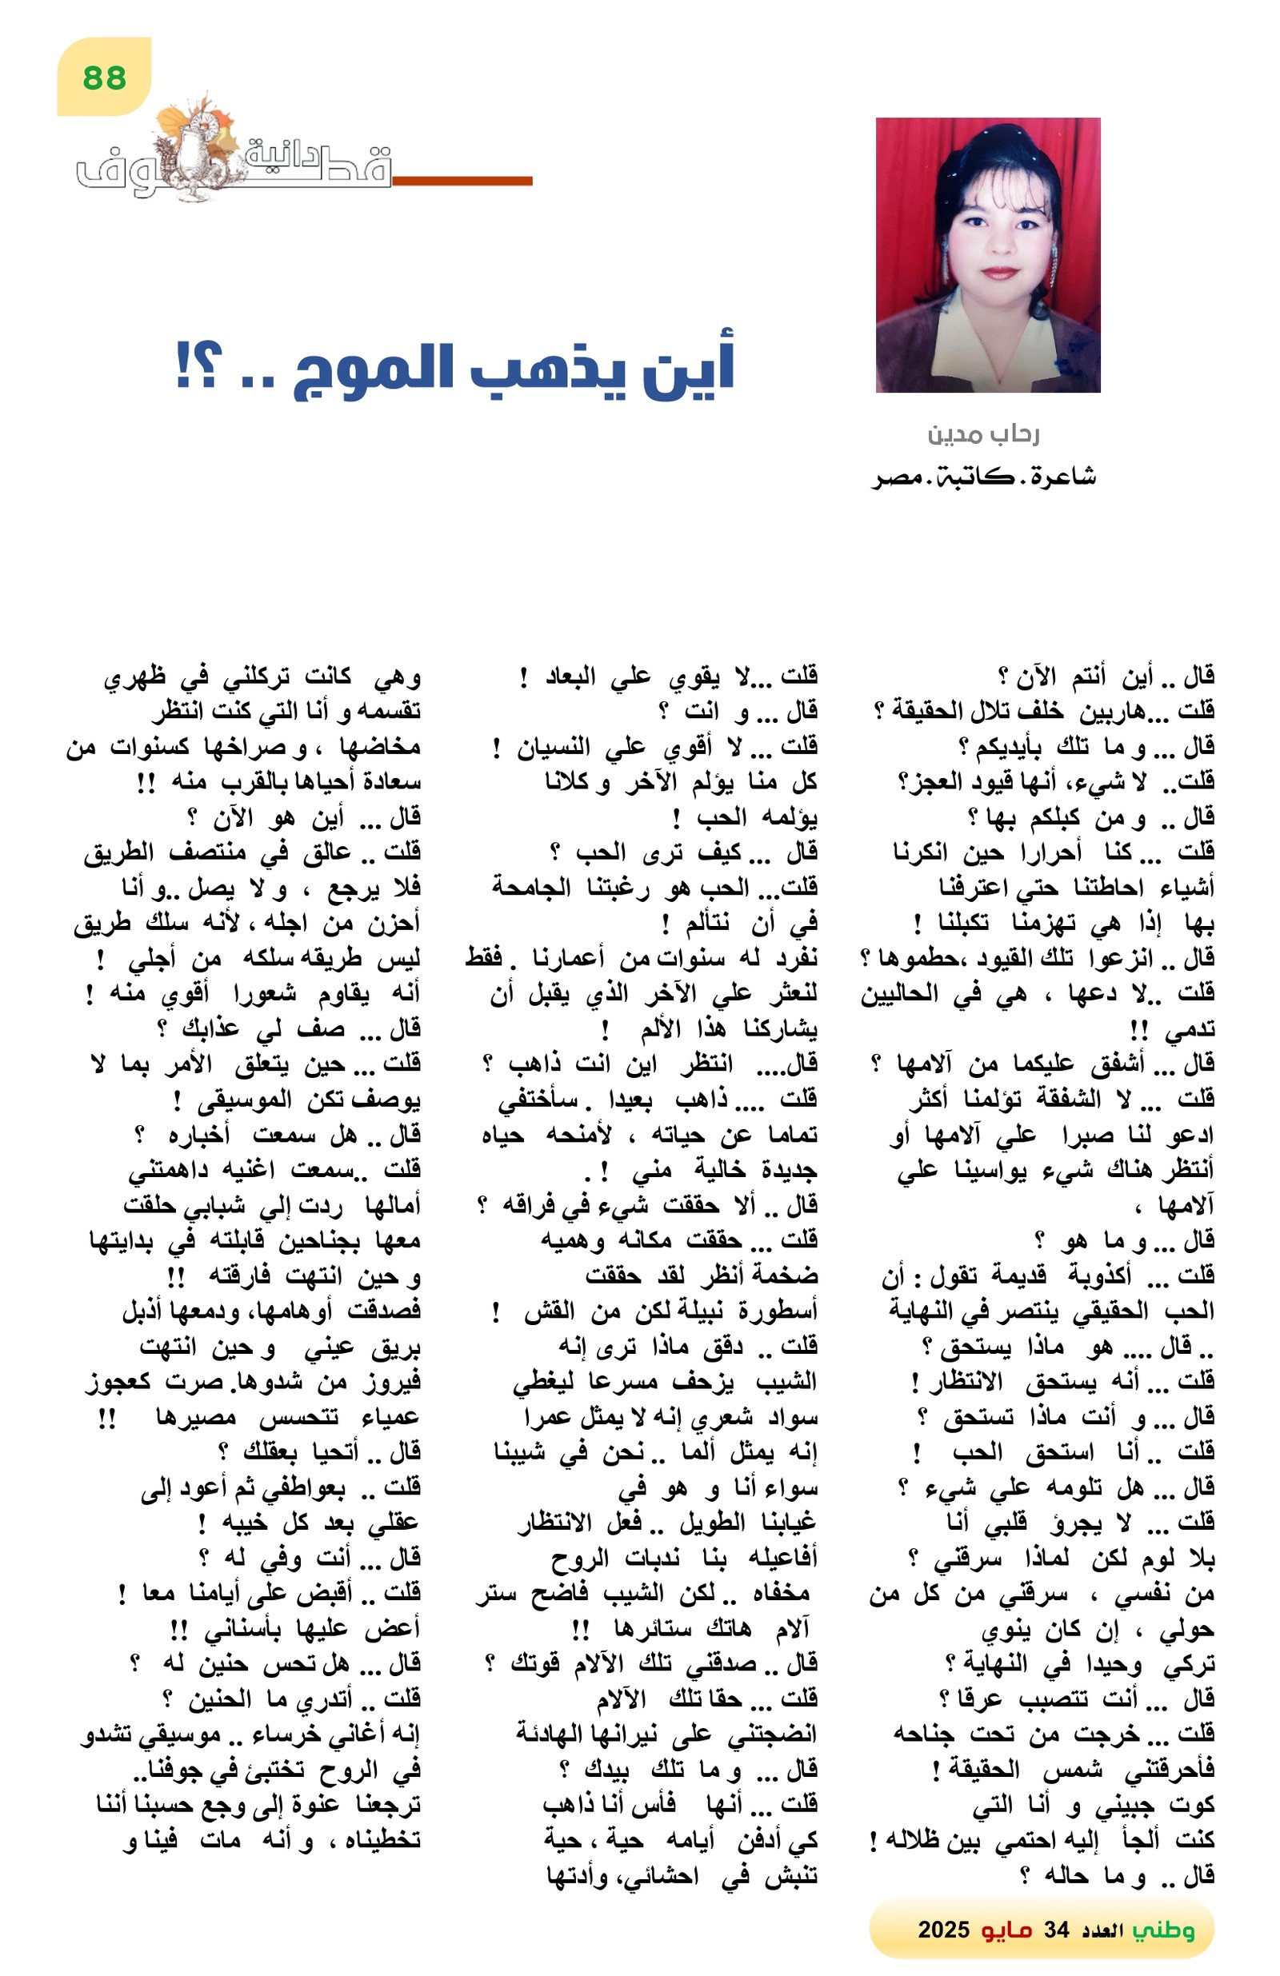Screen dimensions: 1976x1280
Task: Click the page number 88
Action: [105, 78]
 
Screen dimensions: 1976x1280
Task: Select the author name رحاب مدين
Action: [983, 434]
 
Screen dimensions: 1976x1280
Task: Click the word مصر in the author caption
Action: [902, 477]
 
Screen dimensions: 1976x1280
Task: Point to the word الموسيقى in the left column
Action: [244, 1102]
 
